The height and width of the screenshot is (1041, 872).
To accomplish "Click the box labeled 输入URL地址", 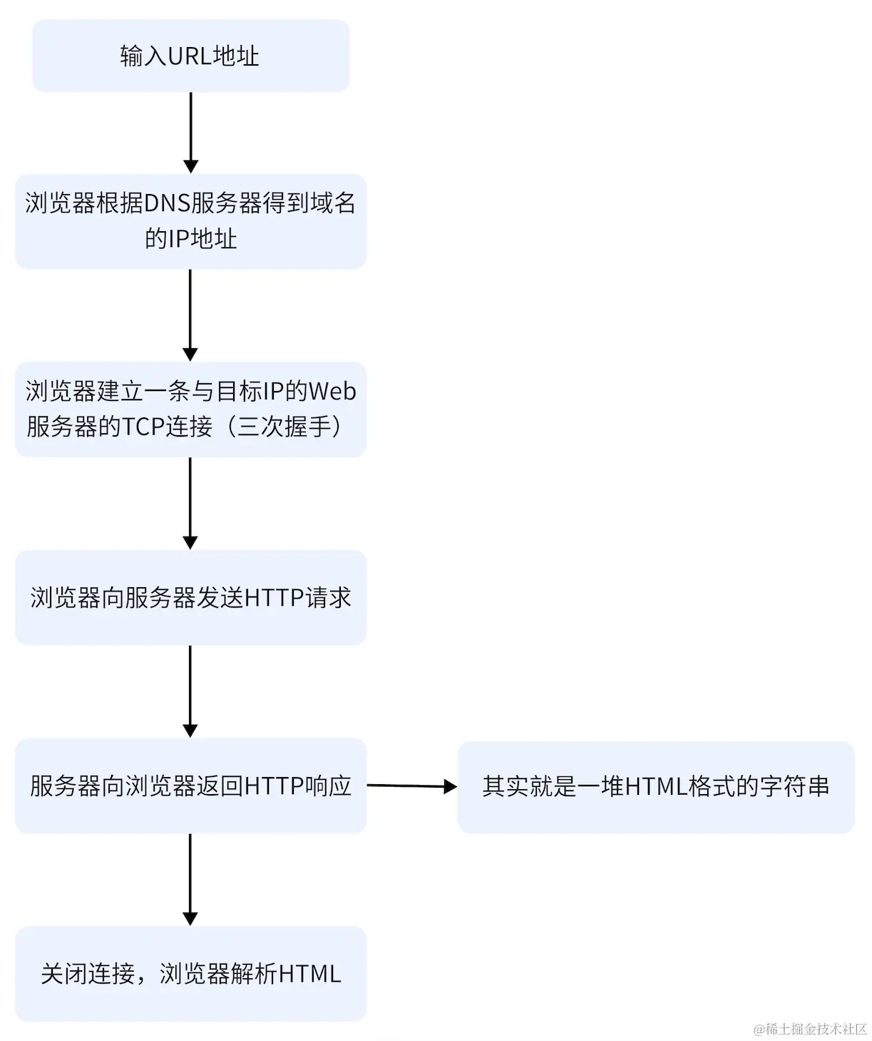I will pos(190,56).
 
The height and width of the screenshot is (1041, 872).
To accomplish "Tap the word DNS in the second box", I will pos(166,203).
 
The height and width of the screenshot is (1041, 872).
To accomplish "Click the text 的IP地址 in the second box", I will pos(190,238).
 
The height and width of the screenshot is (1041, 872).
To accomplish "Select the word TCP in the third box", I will pos(143,427).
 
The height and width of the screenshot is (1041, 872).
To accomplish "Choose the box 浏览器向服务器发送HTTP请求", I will pos(190,597).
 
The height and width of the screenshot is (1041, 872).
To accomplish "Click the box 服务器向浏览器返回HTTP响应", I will pos(190,786).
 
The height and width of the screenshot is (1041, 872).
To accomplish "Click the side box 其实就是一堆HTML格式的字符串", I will pos(655,786).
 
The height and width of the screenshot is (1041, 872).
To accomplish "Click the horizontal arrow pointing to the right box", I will pos(411,786).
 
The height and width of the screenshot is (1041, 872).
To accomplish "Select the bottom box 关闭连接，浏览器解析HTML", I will pos(190,973).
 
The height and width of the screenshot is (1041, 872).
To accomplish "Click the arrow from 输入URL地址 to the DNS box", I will pos(190,132).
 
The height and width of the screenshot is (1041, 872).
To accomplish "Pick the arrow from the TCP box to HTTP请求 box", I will pos(190,503).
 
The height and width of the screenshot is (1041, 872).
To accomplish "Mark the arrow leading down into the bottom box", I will pos(190,879).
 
